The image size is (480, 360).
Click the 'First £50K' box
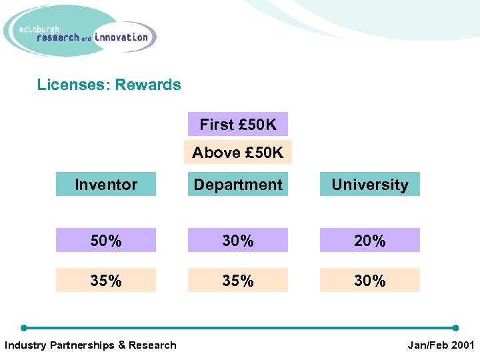point(238,124)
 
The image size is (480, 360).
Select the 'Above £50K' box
point(238,153)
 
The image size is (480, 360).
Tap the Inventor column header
point(106,185)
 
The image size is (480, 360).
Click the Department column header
point(238,185)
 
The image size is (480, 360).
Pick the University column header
point(370,185)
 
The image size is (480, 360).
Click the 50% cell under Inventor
point(106,241)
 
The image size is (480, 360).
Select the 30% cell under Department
point(238,241)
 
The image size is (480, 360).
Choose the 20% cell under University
point(370,241)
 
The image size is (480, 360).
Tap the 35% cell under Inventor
point(106,281)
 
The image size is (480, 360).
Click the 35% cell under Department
point(238,281)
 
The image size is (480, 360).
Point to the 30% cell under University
point(370,281)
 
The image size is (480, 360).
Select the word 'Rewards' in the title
point(148,85)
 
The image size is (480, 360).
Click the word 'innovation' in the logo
point(121,37)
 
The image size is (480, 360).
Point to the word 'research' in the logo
point(58,38)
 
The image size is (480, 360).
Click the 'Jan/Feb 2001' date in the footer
point(441,345)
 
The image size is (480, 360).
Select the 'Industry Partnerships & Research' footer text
point(91,345)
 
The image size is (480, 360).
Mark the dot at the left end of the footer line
point(24,328)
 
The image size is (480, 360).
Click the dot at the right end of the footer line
point(456,328)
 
